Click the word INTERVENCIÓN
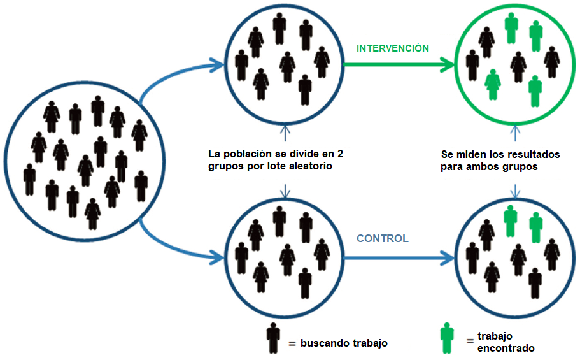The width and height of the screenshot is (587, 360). (392, 48)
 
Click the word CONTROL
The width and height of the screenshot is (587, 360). (382, 239)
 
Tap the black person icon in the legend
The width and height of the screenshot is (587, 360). (274, 338)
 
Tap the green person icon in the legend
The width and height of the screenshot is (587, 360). (448, 338)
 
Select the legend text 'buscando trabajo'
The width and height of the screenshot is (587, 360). (344, 343)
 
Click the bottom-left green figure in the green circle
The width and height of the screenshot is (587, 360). (492, 85)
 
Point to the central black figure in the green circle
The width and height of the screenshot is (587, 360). (518, 66)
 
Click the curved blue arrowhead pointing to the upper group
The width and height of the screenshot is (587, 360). (215, 64)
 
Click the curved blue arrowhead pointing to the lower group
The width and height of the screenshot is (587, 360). (215, 258)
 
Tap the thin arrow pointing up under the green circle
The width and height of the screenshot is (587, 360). (515, 131)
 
